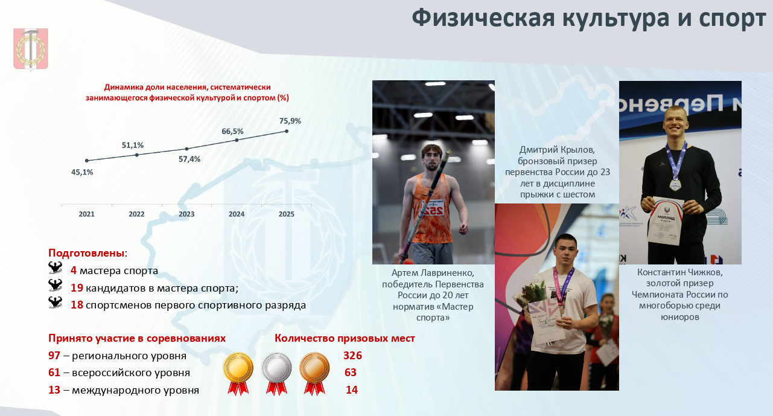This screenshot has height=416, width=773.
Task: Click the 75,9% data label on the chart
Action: [x=290, y=121]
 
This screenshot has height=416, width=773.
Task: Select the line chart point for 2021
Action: [x=87, y=161]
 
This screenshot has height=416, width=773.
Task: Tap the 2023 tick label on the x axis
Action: [x=186, y=214]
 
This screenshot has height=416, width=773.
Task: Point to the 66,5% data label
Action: [x=232, y=132]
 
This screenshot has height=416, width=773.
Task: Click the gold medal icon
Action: [x=238, y=373]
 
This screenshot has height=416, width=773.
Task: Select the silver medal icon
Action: [x=276, y=373]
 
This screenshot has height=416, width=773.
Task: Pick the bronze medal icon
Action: [x=314, y=373]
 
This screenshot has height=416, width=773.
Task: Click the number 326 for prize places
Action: [x=352, y=355]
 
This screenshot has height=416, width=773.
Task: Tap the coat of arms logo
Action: [x=31, y=49]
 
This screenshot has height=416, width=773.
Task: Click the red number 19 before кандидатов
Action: [x=77, y=287]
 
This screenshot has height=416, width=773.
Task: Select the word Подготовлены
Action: [x=86, y=253]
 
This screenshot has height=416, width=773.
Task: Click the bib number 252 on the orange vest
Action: [x=433, y=211]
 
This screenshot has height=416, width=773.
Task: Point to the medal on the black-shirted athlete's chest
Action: [x=675, y=185]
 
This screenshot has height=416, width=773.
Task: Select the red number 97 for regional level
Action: [x=54, y=355]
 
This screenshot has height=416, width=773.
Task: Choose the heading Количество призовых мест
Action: [x=345, y=338]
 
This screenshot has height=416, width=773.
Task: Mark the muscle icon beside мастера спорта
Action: [x=56, y=267]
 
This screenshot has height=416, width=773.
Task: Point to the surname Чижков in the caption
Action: [x=705, y=272]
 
